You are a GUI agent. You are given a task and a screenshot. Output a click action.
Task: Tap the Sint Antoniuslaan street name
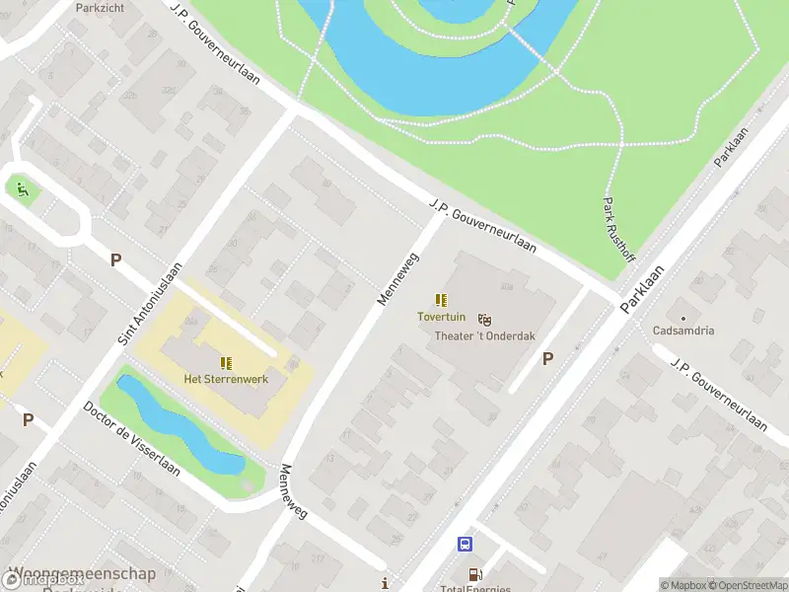click(151, 303)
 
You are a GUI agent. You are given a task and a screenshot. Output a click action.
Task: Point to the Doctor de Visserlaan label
click(131, 438)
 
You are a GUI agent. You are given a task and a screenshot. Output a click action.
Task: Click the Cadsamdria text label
click(682, 331)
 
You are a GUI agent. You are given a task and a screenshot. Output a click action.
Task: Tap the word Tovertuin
click(440, 317)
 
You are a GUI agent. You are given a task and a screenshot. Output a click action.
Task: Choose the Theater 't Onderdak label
click(485, 335)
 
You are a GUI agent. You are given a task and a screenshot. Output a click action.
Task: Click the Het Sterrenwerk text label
click(226, 379)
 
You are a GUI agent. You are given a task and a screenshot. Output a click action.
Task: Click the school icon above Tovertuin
click(441, 300)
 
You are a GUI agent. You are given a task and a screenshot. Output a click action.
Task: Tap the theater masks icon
click(484, 320)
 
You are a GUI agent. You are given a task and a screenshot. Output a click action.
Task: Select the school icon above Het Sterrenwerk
click(226, 362)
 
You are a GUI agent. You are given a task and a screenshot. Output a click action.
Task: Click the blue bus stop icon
click(465, 544)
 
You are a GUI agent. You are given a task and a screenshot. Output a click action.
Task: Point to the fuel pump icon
click(474, 573)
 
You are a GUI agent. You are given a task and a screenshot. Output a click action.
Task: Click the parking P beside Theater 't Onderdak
click(547, 360)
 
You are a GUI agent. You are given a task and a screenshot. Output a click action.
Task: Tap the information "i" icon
click(385, 582)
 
